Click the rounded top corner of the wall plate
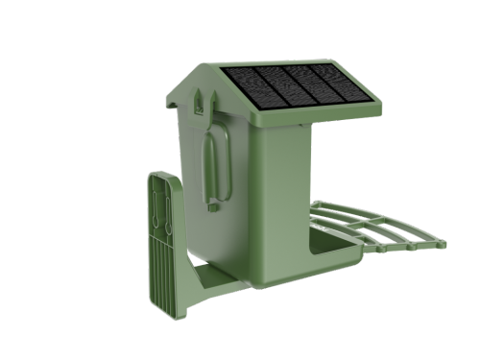tap(162, 177)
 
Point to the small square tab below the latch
tap(213, 204)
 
